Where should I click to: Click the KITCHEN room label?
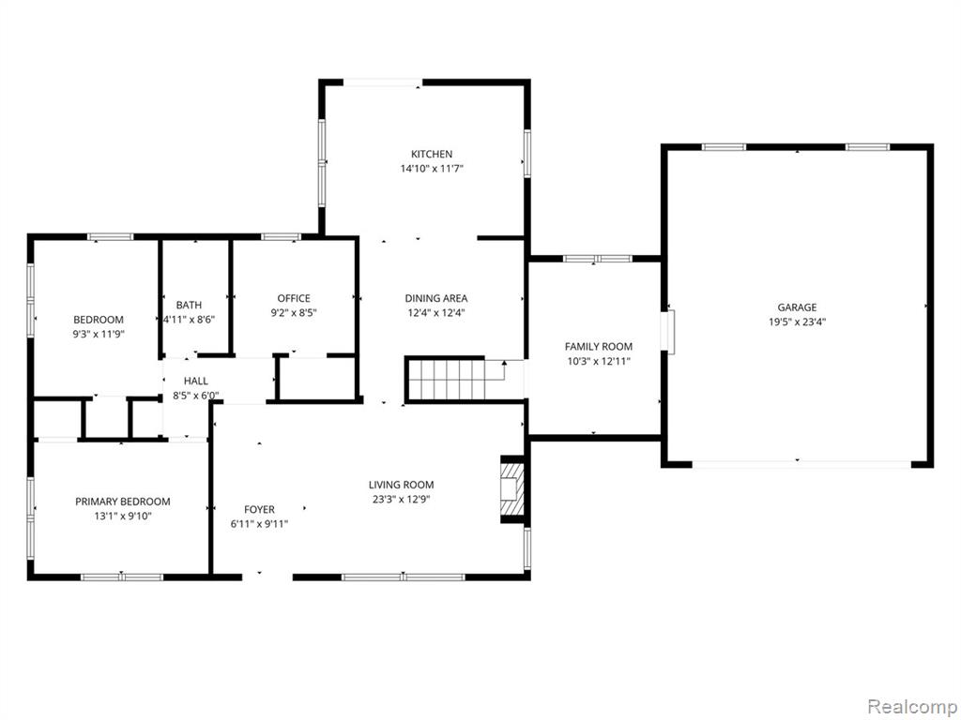[x=432, y=155]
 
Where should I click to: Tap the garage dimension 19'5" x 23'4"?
[x=798, y=322]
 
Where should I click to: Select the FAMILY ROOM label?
[x=598, y=347]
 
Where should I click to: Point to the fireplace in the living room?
[x=512, y=489]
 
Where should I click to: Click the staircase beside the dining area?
[x=446, y=380]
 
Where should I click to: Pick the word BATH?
[x=189, y=305]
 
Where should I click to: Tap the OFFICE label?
[x=294, y=298]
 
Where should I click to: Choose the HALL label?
[x=195, y=381]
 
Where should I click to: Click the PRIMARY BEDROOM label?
[x=123, y=502]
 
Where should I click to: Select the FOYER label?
[x=259, y=509]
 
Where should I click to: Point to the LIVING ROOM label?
[x=401, y=485]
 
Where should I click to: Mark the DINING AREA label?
[x=435, y=298]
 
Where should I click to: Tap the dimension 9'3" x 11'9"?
[x=99, y=335]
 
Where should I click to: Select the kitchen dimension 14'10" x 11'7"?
[x=432, y=169]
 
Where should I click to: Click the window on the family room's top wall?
[x=598, y=259]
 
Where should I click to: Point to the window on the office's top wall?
[x=281, y=237]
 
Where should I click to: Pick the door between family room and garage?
[x=670, y=332]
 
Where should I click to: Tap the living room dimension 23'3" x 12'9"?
[x=401, y=499]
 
